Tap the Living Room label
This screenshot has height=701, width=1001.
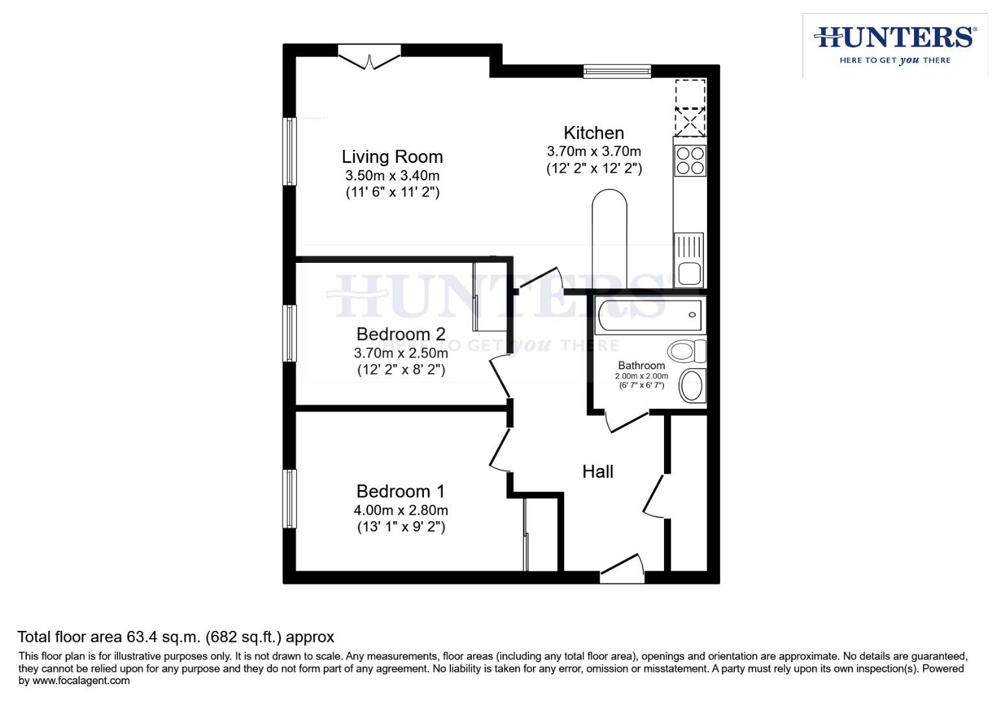pyautogui.click(x=392, y=156)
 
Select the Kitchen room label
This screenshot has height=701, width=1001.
pyautogui.click(x=593, y=133)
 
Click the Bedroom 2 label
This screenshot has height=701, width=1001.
pyautogui.click(x=401, y=334)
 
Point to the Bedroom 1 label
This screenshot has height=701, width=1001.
pyautogui.click(x=401, y=491)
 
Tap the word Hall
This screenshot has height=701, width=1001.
pyautogui.click(x=597, y=471)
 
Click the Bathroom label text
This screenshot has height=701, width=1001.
pyautogui.click(x=641, y=365)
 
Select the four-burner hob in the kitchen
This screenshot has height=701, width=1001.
pyautogui.click(x=690, y=160)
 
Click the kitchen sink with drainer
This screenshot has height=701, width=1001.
pyautogui.click(x=689, y=260)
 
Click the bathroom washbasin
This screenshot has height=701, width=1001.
pyautogui.click(x=692, y=386)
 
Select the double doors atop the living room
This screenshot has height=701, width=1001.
pyautogui.click(x=369, y=57)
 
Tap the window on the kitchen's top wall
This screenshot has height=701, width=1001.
pyautogui.click(x=617, y=71)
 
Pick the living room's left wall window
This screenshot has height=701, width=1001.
pyautogui.click(x=290, y=151)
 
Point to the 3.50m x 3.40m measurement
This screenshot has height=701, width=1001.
pyautogui.click(x=392, y=175)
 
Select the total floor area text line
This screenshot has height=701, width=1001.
pyautogui.click(x=175, y=637)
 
